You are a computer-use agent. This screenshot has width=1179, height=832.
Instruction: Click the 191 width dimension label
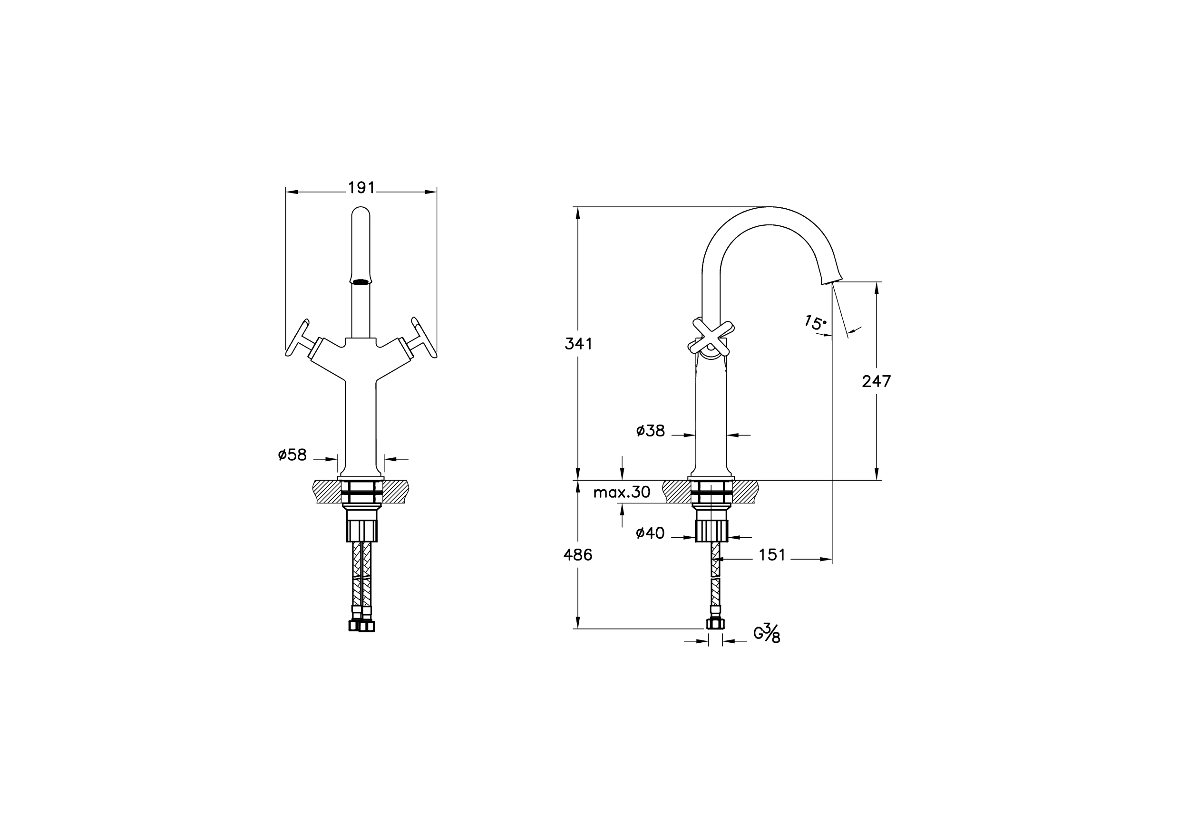(x=361, y=188)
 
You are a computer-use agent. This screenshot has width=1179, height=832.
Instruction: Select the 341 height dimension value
(x=578, y=344)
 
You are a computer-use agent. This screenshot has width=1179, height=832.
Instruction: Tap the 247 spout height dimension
(x=876, y=381)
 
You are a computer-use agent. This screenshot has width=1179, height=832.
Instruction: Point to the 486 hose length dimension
(x=578, y=555)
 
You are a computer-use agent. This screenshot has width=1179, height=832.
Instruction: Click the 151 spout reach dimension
(x=772, y=555)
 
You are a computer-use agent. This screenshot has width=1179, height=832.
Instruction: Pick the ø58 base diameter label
(x=292, y=455)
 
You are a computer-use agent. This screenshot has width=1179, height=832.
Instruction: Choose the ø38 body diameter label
(x=650, y=431)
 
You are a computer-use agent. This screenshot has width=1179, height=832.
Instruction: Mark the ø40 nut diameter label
(x=650, y=533)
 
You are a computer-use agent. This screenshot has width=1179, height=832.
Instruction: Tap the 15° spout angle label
(x=815, y=323)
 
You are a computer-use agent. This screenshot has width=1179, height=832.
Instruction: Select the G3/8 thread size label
(x=767, y=633)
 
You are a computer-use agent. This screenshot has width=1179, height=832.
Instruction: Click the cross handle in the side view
(x=711, y=337)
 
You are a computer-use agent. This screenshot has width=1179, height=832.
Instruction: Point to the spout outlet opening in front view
(x=361, y=281)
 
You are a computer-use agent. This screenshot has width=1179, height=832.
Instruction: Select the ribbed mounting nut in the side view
(x=711, y=531)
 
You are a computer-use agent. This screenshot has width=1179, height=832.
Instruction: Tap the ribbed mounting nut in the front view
(x=361, y=531)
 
